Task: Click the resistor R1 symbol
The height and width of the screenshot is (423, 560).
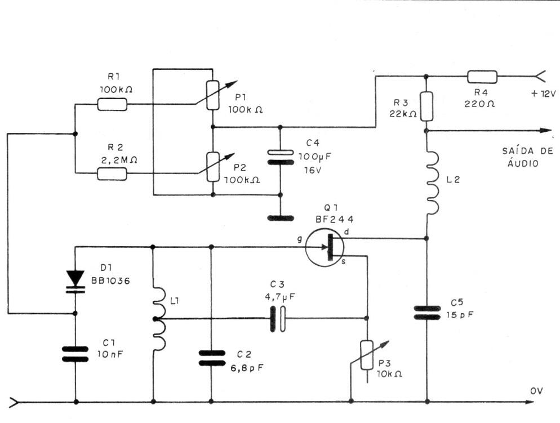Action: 112,104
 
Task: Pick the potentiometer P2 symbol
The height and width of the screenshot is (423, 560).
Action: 212,167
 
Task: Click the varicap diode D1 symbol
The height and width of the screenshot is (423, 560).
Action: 75,280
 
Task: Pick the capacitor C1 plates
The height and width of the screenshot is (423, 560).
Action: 75,354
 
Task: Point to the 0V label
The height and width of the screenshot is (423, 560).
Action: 537,390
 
